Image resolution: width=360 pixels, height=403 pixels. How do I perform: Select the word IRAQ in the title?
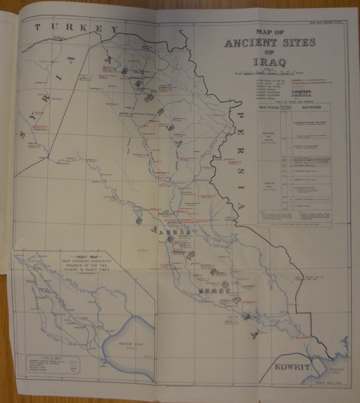click(269, 61)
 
